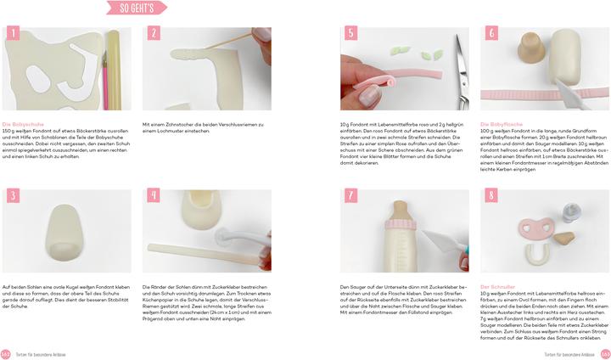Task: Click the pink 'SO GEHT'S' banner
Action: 136,8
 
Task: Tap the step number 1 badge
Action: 13,34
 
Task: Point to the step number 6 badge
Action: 491,34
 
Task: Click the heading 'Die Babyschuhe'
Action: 23,124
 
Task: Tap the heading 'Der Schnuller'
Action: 498,286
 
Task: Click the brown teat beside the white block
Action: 532,47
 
